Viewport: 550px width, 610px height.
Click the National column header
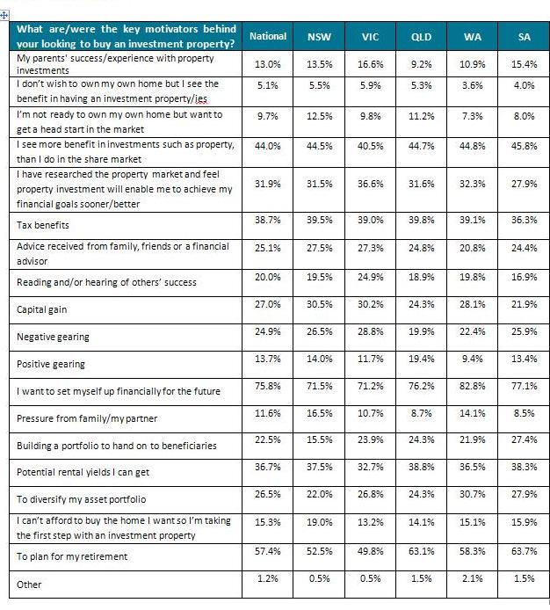[268, 36]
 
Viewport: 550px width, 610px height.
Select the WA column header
[472, 37]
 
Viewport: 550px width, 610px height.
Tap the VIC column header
[370, 37]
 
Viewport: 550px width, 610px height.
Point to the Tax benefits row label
[43, 225]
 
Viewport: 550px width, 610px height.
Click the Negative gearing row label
[53, 337]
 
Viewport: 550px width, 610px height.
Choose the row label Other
[29, 585]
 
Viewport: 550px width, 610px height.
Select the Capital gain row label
[41, 309]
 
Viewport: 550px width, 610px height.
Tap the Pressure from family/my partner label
[87, 418]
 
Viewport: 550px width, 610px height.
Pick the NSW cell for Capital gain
[319, 304]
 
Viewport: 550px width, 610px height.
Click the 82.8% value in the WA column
[472, 386]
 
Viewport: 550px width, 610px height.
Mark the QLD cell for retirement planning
[421, 551]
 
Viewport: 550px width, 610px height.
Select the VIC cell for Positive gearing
[370, 359]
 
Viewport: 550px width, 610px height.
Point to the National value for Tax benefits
[268, 220]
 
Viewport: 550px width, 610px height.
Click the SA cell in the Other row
[524, 578]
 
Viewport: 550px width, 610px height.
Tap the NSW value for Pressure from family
[319, 413]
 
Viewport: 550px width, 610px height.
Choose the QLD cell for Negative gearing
[421, 331]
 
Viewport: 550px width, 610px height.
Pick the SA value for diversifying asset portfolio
[524, 494]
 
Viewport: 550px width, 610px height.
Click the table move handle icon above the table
[4, 16]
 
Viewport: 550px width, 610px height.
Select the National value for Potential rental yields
[268, 467]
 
